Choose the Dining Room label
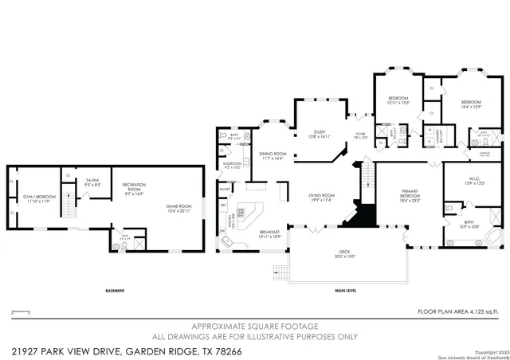point(272,155)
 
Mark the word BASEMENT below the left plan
point(115,291)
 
